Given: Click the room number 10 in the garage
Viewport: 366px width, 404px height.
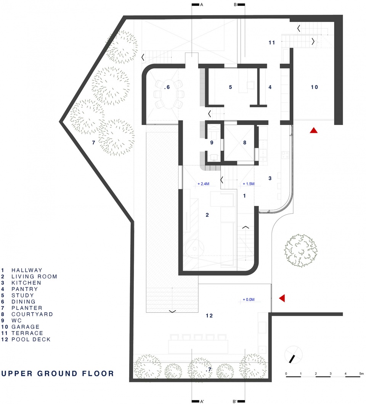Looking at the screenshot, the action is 314,87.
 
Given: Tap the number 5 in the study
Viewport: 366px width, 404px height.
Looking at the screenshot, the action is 230,87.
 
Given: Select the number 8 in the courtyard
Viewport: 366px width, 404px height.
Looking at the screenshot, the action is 245,142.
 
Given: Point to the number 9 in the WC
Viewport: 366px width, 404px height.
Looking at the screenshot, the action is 212,142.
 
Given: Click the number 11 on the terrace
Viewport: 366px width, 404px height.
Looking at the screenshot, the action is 271,42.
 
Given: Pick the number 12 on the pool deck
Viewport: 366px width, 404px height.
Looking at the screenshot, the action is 209,316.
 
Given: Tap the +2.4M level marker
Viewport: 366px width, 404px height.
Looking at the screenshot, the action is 203,184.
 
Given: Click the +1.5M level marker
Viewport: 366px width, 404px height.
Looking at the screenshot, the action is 249,184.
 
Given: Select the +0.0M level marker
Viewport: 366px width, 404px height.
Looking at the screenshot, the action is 249,299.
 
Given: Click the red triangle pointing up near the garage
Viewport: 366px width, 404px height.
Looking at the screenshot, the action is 313,131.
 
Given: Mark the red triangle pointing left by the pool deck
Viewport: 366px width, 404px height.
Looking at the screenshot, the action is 283,298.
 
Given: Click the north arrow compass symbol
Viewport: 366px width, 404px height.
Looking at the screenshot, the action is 293,355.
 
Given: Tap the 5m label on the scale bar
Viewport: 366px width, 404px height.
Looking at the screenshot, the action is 361,373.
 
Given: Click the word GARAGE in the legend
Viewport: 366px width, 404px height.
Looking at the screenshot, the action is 26,327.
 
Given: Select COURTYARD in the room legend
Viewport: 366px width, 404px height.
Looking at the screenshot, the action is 32,314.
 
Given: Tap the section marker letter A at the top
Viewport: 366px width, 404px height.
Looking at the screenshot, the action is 202,5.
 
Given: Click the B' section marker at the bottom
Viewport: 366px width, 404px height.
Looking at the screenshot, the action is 234,401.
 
